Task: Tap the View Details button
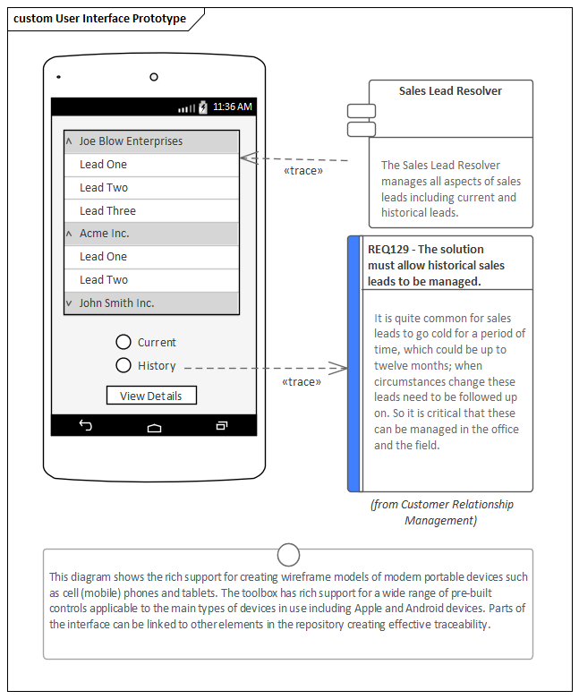[x=151, y=396]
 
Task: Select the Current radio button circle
[x=124, y=342]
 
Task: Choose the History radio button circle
[x=124, y=365]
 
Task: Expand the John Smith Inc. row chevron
[x=69, y=303]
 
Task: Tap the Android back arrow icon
[x=86, y=426]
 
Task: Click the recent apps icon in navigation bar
[x=222, y=426]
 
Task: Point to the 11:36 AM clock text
[x=233, y=107]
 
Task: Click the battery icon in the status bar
[x=203, y=107]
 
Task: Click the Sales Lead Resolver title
[x=450, y=91]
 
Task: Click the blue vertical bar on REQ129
[x=353, y=363]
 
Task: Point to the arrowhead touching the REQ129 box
[x=339, y=367]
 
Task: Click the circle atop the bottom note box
[x=288, y=555]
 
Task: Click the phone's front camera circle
[x=154, y=77]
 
